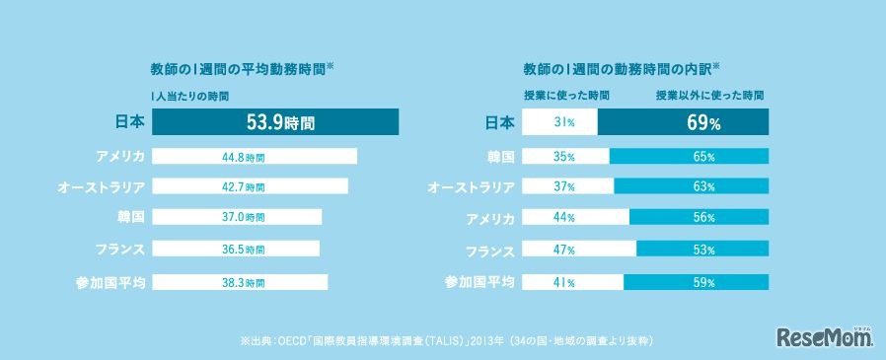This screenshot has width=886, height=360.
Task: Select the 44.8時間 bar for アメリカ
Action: click(x=255, y=156)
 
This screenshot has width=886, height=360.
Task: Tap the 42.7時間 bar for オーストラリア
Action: click(x=250, y=186)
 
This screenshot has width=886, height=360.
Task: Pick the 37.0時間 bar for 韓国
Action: click(x=237, y=217)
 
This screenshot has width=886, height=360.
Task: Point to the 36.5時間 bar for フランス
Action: click(x=236, y=249)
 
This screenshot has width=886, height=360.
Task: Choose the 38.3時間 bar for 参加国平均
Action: click(x=240, y=282)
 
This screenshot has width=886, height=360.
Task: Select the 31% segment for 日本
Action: click(x=559, y=123)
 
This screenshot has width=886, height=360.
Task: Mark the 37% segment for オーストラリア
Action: click(x=567, y=186)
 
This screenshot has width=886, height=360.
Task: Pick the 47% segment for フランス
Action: click(x=578, y=249)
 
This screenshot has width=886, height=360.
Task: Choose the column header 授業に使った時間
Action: click(x=566, y=96)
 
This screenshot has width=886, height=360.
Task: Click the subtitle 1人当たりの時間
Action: click(x=190, y=96)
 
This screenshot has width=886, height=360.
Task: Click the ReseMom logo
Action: click(x=827, y=338)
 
